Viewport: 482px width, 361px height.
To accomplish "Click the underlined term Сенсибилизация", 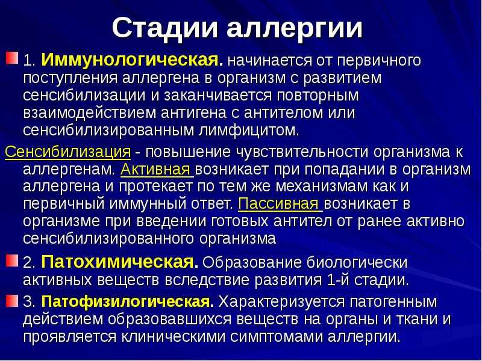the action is coord(68,152).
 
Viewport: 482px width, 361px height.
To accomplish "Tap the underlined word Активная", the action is coord(155,170).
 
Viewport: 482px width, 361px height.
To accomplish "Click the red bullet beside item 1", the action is coord(11,58).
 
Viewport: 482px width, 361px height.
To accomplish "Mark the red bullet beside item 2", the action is coord(11,261).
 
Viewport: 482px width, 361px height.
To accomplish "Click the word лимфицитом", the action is coord(249,131).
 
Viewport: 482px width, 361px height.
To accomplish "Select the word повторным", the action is coord(318,96).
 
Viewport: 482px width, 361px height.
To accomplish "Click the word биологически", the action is coord(357,262).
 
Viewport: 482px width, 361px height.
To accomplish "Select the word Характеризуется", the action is coord(281,302).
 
